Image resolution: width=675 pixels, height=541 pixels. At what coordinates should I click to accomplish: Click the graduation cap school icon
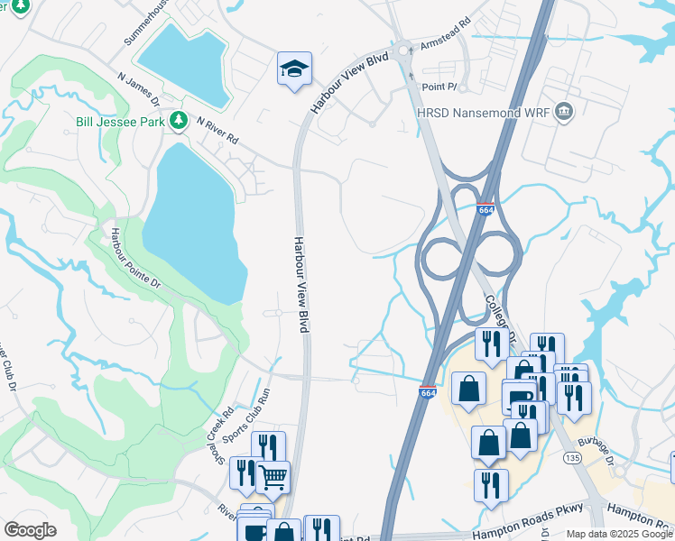pos(294,69)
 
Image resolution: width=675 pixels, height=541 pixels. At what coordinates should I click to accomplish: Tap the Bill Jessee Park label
pos(121,120)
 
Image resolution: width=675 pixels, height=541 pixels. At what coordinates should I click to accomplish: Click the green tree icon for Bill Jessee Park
pos(179,120)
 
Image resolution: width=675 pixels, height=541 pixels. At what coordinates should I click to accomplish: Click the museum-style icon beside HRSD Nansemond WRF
pos(564,112)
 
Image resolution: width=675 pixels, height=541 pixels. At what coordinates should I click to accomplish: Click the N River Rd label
pos(217,132)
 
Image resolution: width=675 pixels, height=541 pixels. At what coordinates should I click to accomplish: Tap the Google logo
pos(30,530)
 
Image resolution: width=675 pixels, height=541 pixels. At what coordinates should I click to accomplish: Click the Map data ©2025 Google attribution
pos(618,534)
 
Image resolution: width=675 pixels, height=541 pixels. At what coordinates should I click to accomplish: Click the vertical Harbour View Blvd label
pos(301,285)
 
